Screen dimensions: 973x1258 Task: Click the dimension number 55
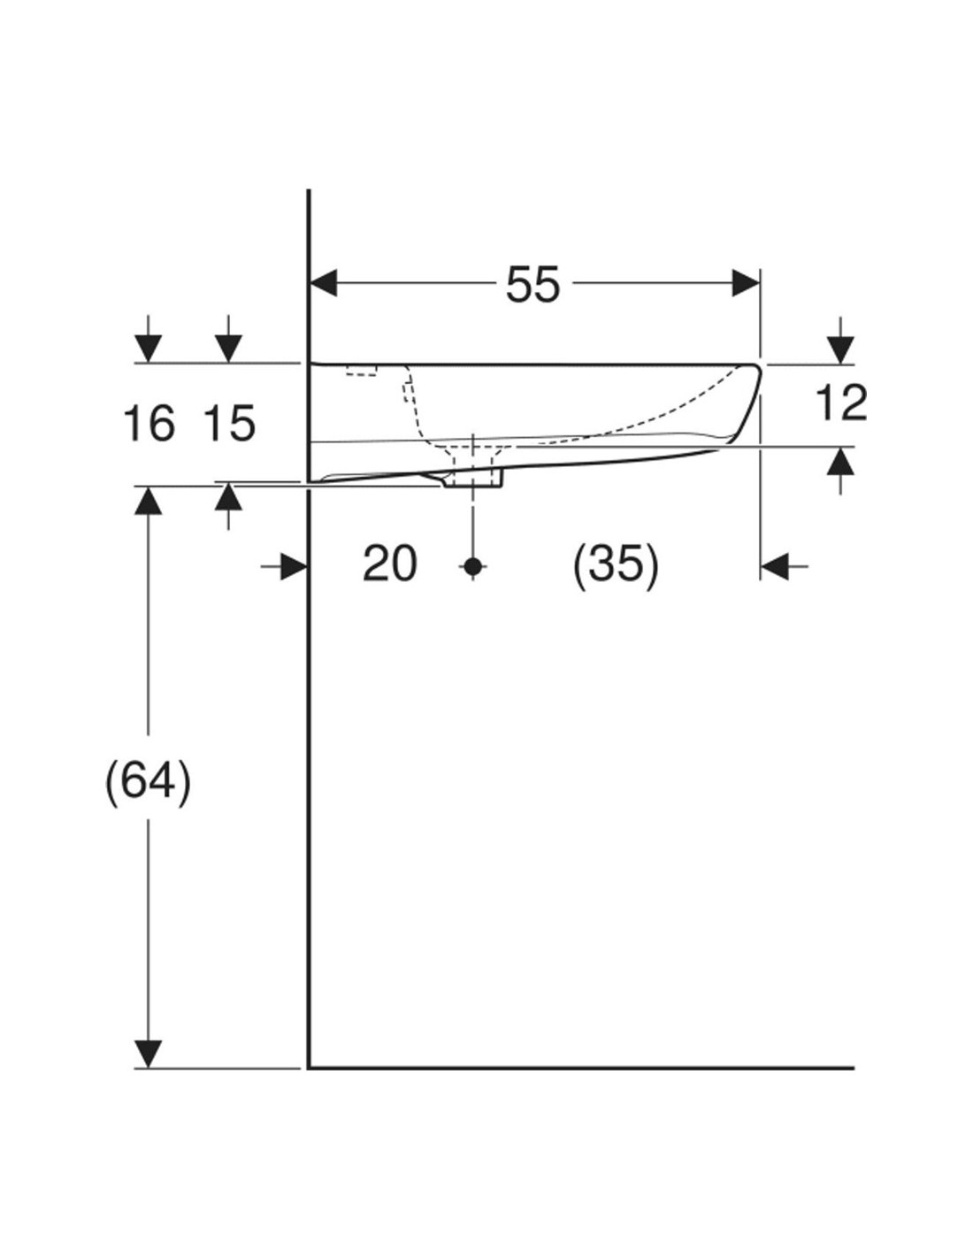click(x=533, y=285)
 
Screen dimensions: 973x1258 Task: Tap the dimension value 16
click(x=149, y=424)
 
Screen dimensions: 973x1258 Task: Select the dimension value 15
click(x=230, y=424)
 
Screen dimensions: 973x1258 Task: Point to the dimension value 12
click(x=841, y=403)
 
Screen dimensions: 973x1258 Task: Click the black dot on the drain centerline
click(x=473, y=566)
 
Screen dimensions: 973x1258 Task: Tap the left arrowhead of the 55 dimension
click(x=324, y=283)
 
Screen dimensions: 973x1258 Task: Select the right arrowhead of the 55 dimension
click(x=745, y=283)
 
